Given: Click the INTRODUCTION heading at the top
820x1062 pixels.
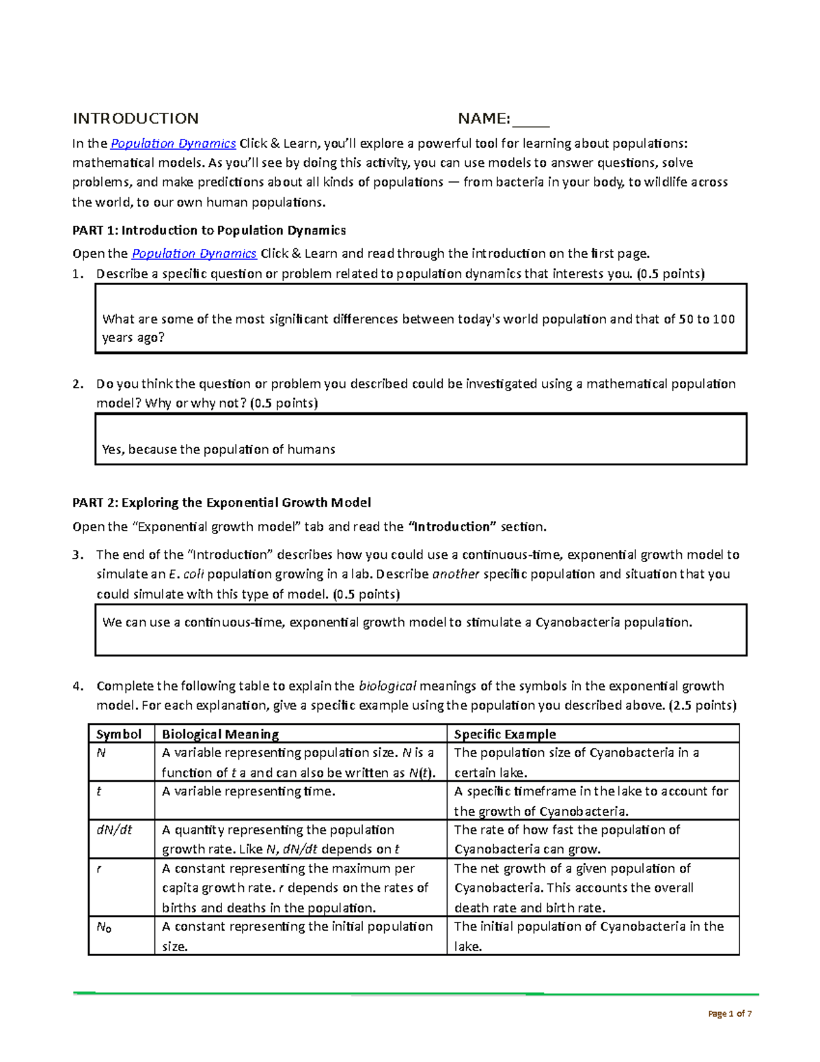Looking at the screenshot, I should tap(135, 118).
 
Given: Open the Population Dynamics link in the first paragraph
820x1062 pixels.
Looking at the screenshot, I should tap(173, 144).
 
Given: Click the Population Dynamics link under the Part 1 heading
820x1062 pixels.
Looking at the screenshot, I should tap(193, 254).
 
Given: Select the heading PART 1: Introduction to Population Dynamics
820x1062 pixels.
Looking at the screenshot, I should tap(209, 230).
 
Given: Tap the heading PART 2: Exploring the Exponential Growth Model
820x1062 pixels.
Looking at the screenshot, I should tap(221, 503).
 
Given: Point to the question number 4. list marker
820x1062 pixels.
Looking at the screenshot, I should tap(78, 686).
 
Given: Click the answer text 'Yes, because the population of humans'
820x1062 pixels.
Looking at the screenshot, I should tap(218, 449).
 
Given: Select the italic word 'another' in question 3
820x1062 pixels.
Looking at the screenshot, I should tap(456, 574).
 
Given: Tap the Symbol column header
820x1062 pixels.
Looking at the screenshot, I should tap(119, 734).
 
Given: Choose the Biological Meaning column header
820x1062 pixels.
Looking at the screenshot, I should tap(220, 734).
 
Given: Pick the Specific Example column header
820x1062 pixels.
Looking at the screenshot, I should tap(505, 734).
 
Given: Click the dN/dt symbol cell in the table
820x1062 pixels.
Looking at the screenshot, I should tap(114, 830).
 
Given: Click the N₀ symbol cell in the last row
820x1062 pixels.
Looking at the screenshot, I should tap(104, 927).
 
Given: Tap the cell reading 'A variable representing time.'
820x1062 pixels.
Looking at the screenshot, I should tap(249, 791).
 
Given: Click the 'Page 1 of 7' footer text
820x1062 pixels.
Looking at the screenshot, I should tap(730, 1013).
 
